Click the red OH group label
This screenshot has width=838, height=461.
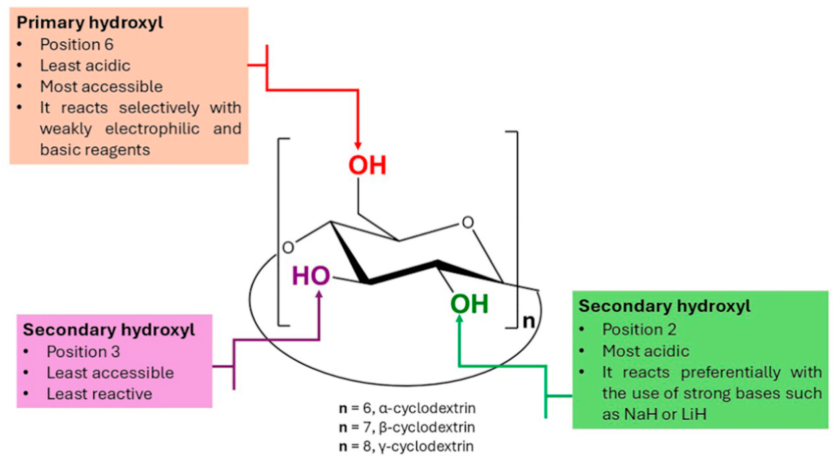point(367,165)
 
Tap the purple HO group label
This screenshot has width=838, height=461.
point(311,276)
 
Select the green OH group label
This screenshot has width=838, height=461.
point(469,304)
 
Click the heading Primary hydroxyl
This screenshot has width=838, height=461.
point(90,23)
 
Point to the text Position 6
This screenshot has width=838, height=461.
point(77,44)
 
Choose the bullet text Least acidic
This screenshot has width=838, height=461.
point(85,66)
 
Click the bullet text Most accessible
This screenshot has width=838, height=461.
point(101,87)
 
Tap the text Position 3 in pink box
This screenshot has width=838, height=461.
point(83,352)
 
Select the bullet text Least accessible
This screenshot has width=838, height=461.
point(110,373)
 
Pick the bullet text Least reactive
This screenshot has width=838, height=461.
point(99,394)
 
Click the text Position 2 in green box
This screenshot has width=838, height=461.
point(639,330)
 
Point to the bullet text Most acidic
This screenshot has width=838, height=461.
point(646,351)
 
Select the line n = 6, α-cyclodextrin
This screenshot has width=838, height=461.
point(407,408)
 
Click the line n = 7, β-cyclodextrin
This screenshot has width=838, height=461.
point(407,427)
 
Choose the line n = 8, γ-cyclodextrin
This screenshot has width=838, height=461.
point(406,446)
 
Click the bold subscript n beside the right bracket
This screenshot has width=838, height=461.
point(529,322)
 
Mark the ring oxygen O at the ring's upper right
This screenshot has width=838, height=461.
point(468,223)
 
